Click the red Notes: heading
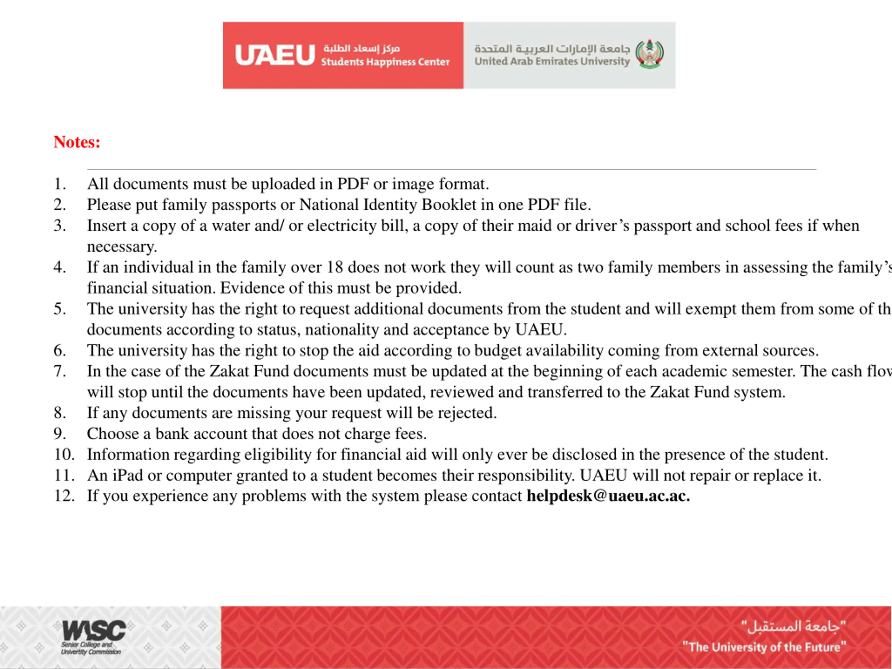77,142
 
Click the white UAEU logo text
275,55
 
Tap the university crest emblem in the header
649,54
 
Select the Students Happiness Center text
385,62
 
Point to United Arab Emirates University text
552,61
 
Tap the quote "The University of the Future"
764,647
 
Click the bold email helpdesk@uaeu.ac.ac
608,495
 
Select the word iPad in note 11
128,475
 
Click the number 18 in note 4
335,267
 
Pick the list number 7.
60,371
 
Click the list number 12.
64,495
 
